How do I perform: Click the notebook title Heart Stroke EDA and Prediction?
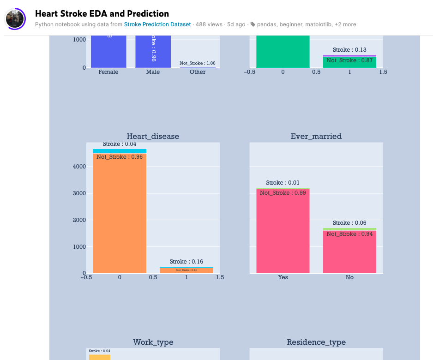pyautogui.click(x=102, y=14)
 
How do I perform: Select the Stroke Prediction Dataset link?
pyautogui.click(x=157, y=24)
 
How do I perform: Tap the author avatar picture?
pyautogui.click(x=15, y=19)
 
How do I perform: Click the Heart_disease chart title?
pyautogui.click(x=153, y=136)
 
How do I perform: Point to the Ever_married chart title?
pyautogui.click(x=316, y=136)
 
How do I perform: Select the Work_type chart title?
pyautogui.click(x=153, y=342)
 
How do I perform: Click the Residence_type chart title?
pyautogui.click(x=316, y=342)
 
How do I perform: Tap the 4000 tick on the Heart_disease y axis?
pyautogui.click(x=79, y=167)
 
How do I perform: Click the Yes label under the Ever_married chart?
pyautogui.click(x=283, y=277)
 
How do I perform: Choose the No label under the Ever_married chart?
pyautogui.click(x=349, y=277)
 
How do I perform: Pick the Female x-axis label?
pyautogui.click(x=108, y=72)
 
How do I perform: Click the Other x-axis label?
pyautogui.click(x=198, y=72)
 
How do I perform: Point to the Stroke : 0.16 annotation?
pyautogui.click(x=186, y=262)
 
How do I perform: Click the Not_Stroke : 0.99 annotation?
pyautogui.click(x=283, y=193)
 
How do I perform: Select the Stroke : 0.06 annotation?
pyautogui.click(x=349, y=223)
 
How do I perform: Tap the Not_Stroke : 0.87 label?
pyautogui.click(x=349, y=60)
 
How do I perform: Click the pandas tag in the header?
pyautogui.click(x=267, y=24)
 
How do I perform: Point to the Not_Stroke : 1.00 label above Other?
pyautogui.click(x=198, y=63)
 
